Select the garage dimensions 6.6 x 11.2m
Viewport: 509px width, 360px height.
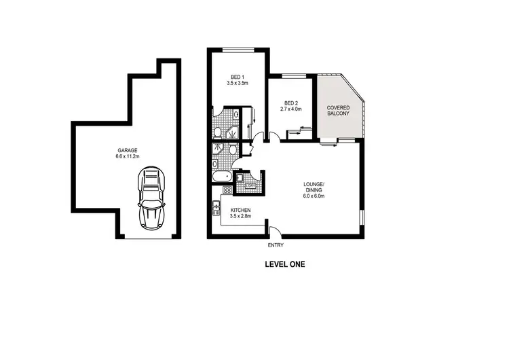(127, 157)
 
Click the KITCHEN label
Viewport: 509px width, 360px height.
(241, 210)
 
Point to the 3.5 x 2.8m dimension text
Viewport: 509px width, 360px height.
(241, 217)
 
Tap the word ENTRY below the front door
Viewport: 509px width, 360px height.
(276, 245)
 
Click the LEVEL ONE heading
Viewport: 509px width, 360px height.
(285, 265)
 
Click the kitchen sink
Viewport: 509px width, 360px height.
(216, 206)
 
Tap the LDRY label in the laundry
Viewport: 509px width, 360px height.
(250, 185)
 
